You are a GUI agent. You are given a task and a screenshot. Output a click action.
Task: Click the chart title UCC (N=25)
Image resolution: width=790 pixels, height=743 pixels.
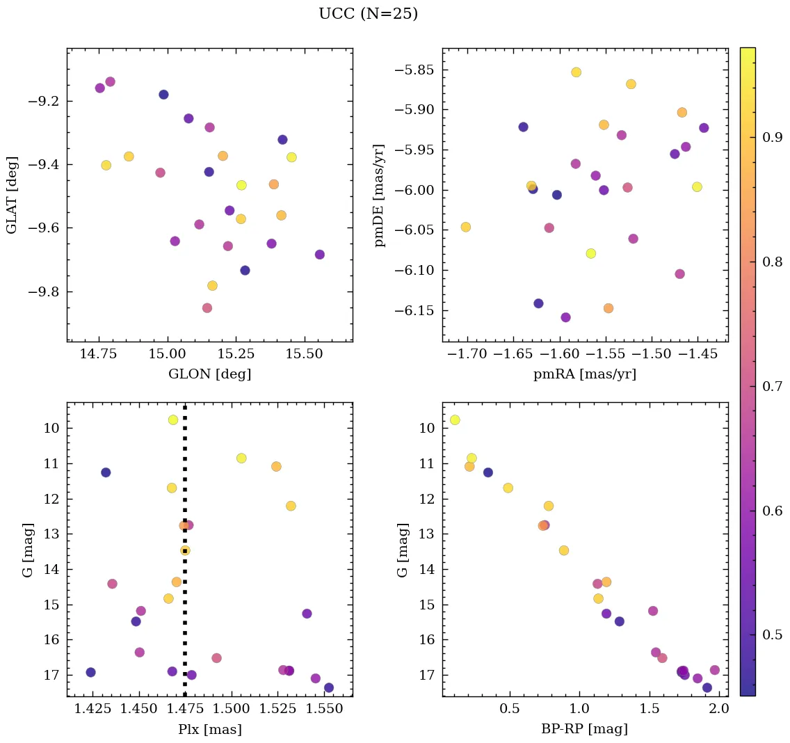tap(368, 14)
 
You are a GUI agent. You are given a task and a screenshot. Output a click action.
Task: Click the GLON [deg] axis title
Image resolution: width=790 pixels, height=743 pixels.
tap(209, 374)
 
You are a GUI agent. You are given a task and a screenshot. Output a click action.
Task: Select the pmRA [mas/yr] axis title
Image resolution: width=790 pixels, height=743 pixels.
tap(584, 374)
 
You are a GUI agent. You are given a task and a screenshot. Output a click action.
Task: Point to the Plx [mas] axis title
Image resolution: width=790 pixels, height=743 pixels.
tap(209, 729)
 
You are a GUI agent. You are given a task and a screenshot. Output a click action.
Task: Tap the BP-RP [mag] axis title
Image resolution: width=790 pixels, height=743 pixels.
tap(584, 729)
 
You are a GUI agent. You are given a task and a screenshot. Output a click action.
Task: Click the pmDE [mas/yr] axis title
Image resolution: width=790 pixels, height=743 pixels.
tap(380, 195)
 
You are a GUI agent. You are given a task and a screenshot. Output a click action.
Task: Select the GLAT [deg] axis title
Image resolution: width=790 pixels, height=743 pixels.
tap(11, 195)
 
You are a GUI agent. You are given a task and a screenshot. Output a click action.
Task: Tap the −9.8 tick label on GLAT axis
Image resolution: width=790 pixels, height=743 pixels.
tap(42, 292)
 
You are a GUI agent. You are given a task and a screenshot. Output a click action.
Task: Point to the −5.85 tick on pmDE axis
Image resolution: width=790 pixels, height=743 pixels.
tap(414, 70)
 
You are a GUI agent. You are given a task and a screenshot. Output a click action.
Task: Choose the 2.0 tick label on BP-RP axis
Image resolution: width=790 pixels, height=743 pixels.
tap(719, 709)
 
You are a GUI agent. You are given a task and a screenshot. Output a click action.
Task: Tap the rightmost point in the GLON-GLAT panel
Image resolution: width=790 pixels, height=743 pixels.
tap(319, 255)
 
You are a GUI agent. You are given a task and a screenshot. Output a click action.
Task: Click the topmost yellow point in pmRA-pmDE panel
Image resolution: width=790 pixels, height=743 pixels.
tap(576, 72)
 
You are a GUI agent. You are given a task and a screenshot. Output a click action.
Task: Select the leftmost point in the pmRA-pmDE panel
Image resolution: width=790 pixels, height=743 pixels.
tap(465, 227)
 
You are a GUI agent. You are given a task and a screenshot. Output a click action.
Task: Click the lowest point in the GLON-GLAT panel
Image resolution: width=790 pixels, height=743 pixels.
tap(207, 308)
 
